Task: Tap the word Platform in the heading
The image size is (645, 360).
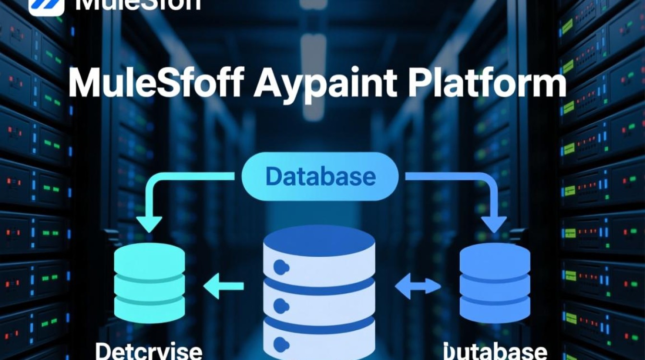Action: pos(486,84)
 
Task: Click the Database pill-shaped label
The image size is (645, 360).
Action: pos(320,177)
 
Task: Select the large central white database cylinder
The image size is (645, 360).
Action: pos(319,293)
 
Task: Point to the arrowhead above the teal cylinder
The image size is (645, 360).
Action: pos(149,224)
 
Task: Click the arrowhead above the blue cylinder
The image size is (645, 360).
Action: pos(494,224)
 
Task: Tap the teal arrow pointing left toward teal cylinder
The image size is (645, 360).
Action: pos(223,287)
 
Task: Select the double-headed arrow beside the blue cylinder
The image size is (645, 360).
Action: pos(418,287)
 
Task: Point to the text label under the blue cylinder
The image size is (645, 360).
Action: pos(495,351)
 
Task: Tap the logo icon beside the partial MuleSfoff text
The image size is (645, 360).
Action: pos(47,5)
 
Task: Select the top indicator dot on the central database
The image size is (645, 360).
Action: pos(279,266)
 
